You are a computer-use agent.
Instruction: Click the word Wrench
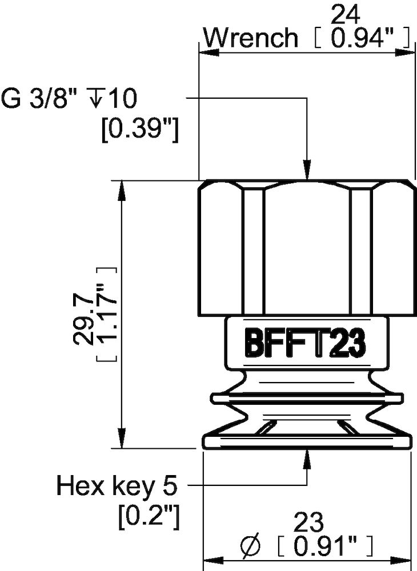point(251,38)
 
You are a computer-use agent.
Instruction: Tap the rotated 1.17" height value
point(107,315)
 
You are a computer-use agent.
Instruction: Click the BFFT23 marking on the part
point(304,344)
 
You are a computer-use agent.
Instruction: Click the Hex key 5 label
point(117,486)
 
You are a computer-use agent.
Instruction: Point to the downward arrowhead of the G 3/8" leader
point(307,171)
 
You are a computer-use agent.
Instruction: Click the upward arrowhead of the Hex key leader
point(307,458)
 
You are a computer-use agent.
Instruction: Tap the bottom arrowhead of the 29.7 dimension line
point(121,439)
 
